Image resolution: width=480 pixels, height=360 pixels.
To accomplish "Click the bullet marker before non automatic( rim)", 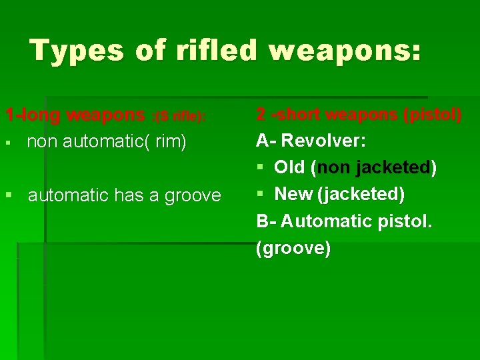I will (x=7, y=143).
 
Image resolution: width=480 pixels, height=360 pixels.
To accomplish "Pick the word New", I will (x=294, y=194).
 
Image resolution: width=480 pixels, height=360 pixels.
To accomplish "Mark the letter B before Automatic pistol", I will (x=261, y=221).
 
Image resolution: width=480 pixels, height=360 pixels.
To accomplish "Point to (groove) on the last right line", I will (x=293, y=248).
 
